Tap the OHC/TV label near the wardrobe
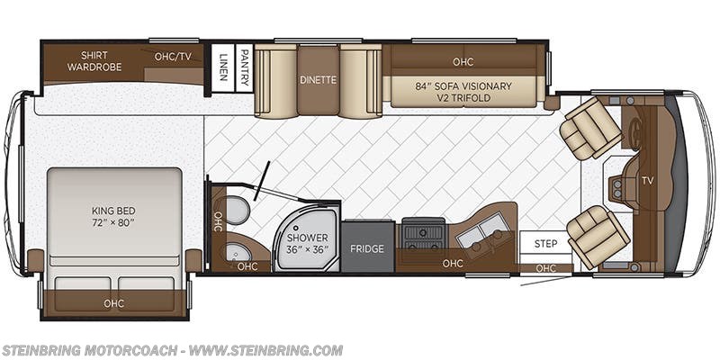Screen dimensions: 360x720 [x=173, y=57]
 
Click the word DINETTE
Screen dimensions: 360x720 [x=318, y=80]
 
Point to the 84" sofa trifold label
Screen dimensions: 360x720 [x=463, y=92]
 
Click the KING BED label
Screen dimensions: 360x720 [x=113, y=215]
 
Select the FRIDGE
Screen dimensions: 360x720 [x=366, y=248]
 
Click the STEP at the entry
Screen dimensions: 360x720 [x=545, y=244]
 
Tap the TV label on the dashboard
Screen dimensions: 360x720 [x=647, y=181]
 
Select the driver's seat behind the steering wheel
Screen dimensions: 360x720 [x=589, y=129]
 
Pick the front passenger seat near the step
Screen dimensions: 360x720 [x=597, y=236]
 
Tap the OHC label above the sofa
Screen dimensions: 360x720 [x=463, y=62]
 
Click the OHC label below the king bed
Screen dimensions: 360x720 [x=113, y=303]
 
